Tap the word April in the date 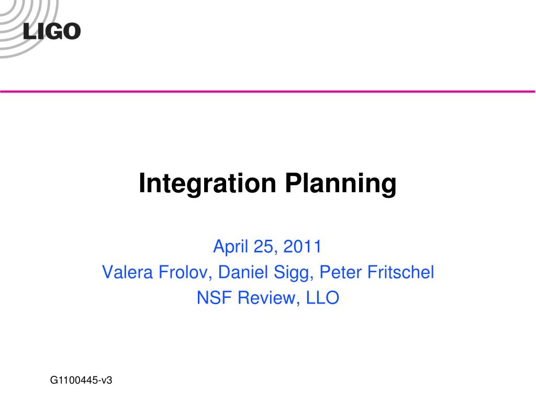[229, 247]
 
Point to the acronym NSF [214, 298]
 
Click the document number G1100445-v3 [82, 381]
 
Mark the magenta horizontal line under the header [314, 92]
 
